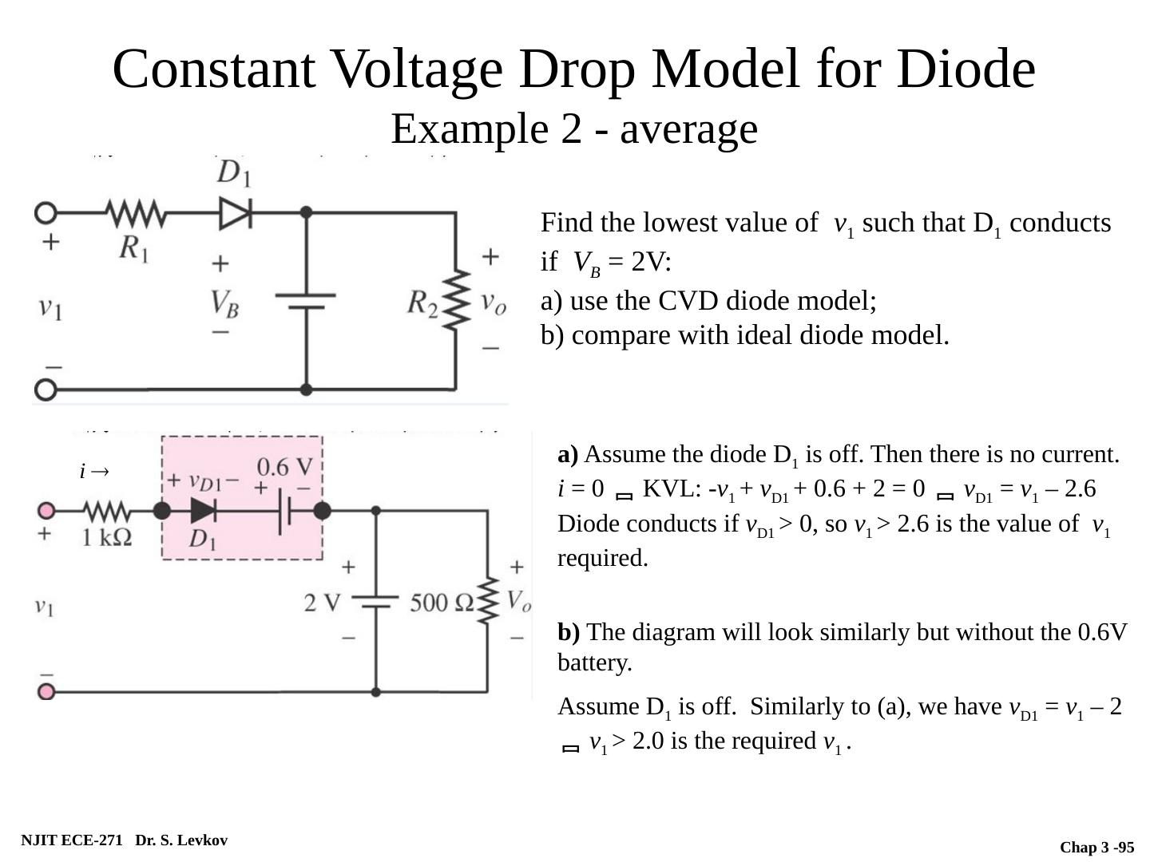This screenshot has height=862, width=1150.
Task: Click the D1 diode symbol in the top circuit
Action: pyautogui.click(x=236, y=213)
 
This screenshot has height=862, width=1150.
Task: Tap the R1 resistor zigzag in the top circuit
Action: pyautogui.click(x=137, y=214)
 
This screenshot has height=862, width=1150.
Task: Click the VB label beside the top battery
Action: pyautogui.click(x=224, y=304)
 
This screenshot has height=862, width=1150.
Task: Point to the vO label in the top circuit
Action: pyautogui.click(x=494, y=302)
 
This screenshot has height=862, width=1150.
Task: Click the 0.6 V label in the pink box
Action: pyautogui.click(x=284, y=467)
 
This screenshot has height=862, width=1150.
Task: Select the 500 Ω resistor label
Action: pyautogui.click(x=442, y=603)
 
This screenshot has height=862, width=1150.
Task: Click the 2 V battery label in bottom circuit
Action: pyautogui.click(x=322, y=603)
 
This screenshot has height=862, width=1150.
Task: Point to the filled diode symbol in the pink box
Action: pyautogui.click(x=204, y=511)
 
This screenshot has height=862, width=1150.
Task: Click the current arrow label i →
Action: pyautogui.click(x=94, y=472)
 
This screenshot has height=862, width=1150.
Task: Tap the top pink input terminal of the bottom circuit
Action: pyautogui.click(x=46, y=511)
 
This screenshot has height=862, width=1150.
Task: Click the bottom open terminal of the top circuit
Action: pyautogui.click(x=46, y=389)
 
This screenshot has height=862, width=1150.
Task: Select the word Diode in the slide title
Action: pyautogui.click(x=966, y=69)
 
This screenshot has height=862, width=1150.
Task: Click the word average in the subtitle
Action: pyautogui.click(x=688, y=129)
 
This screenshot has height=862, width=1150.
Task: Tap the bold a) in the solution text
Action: pyautogui.click(x=568, y=455)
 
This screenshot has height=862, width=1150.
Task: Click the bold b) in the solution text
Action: pyautogui.click(x=569, y=632)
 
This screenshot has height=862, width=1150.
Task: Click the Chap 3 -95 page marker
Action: pyautogui.click(x=1096, y=847)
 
